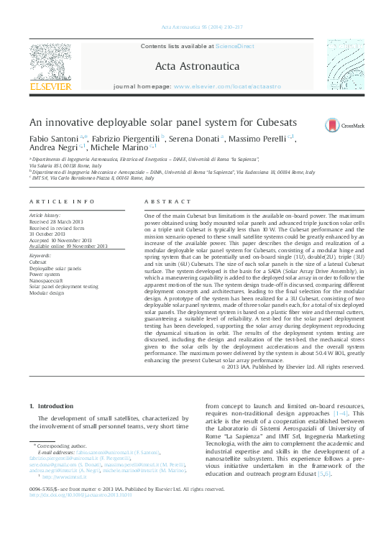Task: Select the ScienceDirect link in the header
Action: pos(235,46)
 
